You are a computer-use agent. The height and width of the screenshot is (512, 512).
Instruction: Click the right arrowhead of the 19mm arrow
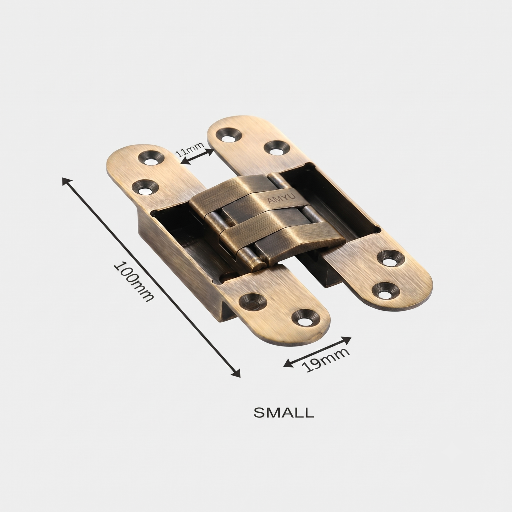347,339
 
